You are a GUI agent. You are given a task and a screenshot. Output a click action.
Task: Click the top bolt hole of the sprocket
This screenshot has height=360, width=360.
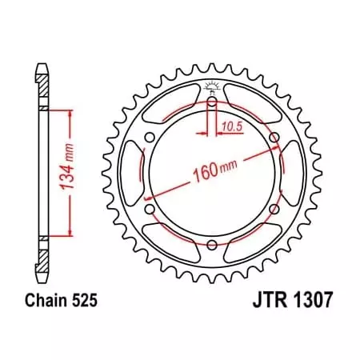[x=211, y=102]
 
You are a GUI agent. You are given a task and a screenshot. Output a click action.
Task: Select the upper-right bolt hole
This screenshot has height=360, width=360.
[x=274, y=138]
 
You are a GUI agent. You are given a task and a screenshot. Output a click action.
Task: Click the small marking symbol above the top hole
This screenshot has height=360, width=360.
[x=211, y=86]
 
